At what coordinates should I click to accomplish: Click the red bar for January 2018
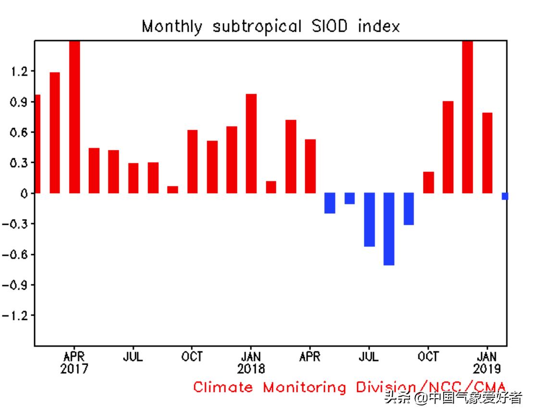tap(251, 144)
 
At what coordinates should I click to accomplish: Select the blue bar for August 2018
tap(389, 229)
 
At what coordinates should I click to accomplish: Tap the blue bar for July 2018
tap(369, 220)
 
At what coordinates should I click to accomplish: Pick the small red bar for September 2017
tap(173, 190)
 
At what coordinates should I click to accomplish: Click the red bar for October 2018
tap(428, 183)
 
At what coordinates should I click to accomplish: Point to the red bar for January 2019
tap(487, 153)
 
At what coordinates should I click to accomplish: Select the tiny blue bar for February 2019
tap(505, 196)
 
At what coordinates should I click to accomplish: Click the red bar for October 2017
tap(192, 161)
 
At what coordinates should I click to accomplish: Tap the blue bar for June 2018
tap(349, 198)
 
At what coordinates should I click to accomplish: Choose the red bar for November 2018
tap(448, 147)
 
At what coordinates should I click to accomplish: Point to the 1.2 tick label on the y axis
tap(19, 72)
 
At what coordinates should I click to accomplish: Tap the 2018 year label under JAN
tap(251, 369)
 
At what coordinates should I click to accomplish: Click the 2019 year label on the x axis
tap(487, 369)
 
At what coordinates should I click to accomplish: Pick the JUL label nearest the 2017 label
tap(133, 357)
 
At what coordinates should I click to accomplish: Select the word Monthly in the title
tap(172, 26)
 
